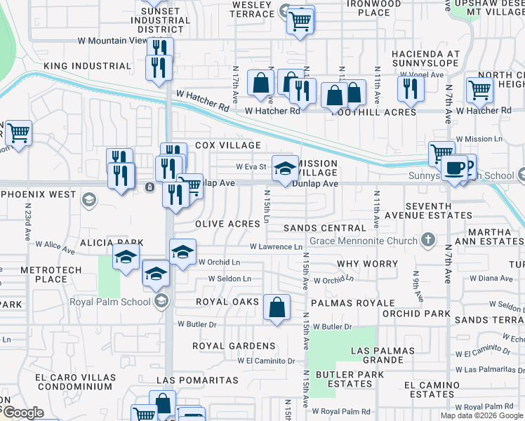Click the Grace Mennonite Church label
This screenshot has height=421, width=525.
click(x=368, y=241)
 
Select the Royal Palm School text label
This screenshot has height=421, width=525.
click(x=109, y=302)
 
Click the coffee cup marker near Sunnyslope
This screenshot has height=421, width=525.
click(x=454, y=168)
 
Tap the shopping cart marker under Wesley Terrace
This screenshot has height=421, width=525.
click(x=300, y=20)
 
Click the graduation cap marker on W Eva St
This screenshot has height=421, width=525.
click(x=284, y=168)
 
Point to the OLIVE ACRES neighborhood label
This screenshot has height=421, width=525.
click(x=228, y=224)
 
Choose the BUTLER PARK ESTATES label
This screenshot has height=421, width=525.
click(x=350, y=379)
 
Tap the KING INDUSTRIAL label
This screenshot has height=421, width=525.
click(x=87, y=66)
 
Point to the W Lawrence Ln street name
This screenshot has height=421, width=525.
click(x=276, y=247)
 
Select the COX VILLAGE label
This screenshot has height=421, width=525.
click(x=228, y=145)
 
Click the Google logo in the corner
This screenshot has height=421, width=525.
click(x=23, y=413)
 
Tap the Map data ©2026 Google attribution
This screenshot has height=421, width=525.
click(x=481, y=415)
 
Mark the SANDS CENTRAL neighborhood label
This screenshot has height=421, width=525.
click(x=325, y=228)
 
